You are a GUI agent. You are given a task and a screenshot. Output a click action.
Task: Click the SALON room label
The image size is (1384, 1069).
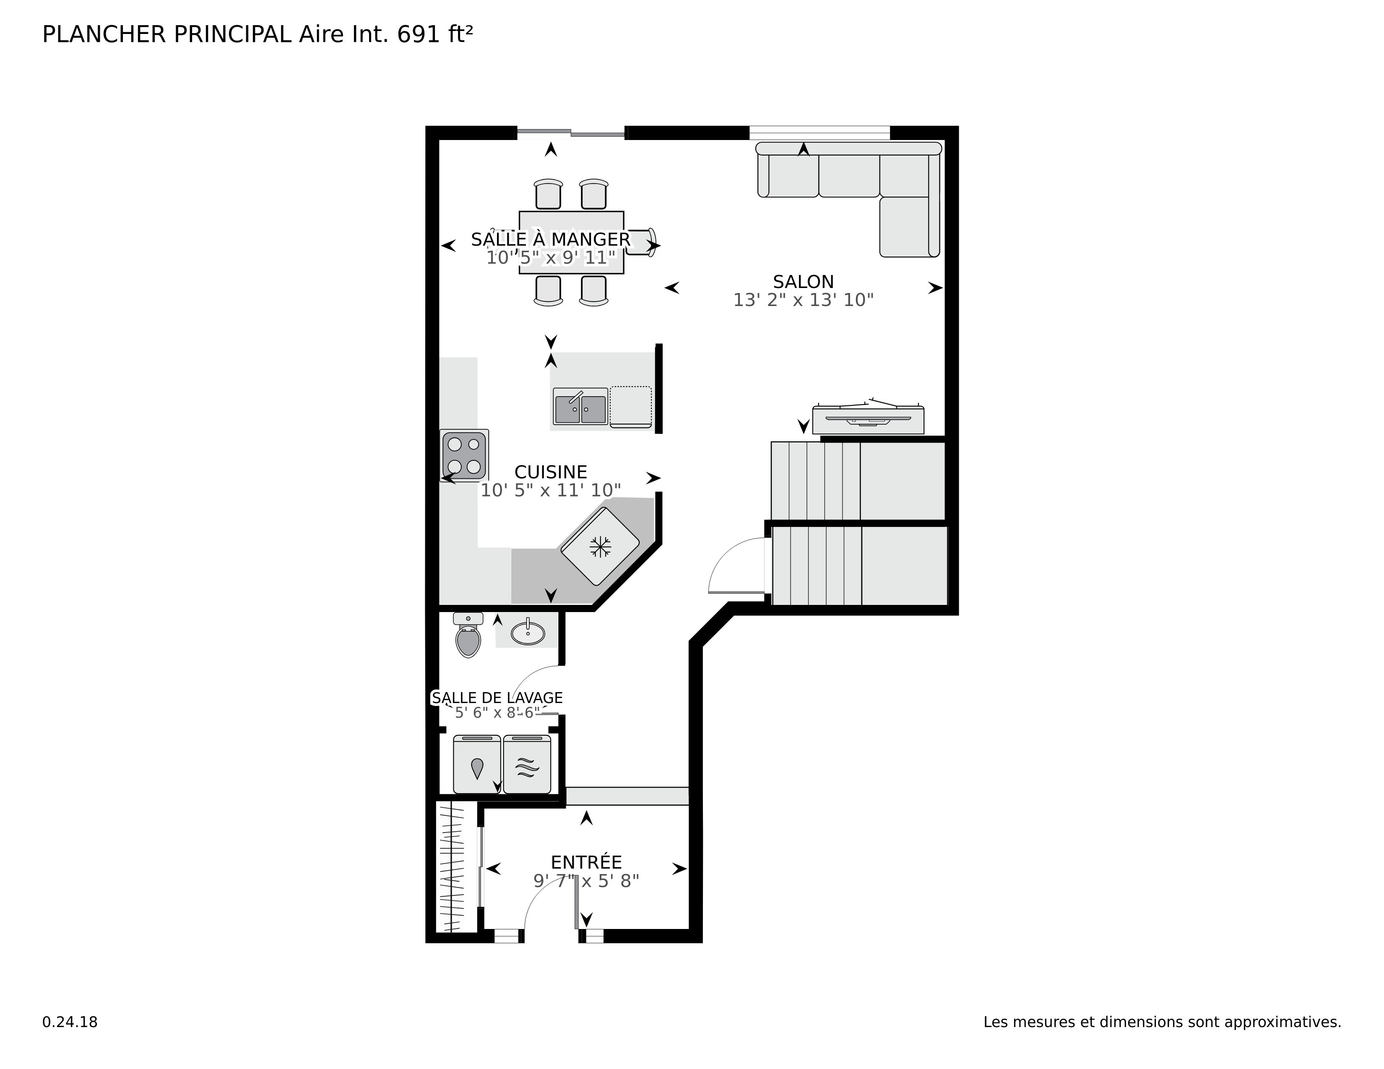pos(803,282)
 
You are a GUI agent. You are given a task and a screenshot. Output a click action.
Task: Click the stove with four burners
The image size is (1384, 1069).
pos(464,455)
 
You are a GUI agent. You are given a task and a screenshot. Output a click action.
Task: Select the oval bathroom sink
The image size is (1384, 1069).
pos(527,632)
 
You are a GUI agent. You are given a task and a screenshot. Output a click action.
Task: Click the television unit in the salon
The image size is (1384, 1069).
pos(868,419)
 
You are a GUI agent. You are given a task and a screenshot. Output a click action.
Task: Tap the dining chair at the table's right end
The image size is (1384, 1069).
pos(641,243)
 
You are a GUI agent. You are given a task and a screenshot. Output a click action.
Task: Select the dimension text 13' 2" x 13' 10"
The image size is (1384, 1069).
pos(803,300)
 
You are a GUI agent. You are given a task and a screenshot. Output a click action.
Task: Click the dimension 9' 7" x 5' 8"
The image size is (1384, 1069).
pos(586,881)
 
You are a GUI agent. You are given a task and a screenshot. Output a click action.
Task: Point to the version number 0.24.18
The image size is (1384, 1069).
pos(70,1022)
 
